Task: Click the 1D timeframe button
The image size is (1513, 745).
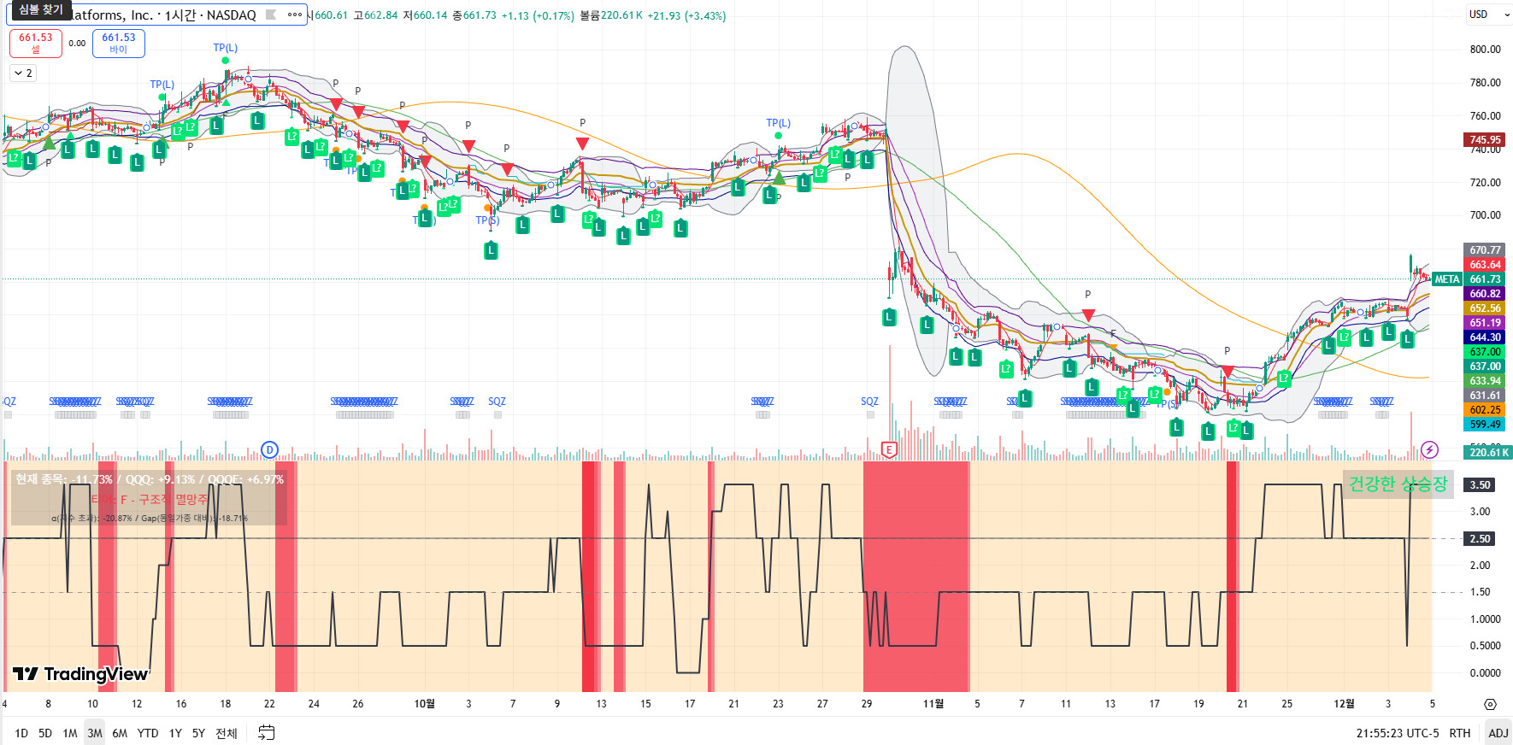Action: click(x=21, y=733)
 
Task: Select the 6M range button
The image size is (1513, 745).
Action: click(x=120, y=733)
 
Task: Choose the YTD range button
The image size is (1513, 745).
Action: click(x=148, y=733)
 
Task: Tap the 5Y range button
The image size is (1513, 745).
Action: click(x=198, y=733)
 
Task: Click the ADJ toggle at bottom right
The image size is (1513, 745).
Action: click(x=1498, y=733)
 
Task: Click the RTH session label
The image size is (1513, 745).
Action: click(x=1460, y=733)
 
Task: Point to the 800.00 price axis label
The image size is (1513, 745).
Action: click(x=1485, y=50)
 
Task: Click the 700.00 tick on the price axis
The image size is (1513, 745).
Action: click(x=1485, y=215)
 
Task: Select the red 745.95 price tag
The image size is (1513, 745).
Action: click(x=1485, y=139)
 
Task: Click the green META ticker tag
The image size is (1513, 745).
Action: click(x=1446, y=279)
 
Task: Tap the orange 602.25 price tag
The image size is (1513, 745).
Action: click(x=1485, y=410)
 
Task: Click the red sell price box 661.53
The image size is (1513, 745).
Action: click(x=36, y=43)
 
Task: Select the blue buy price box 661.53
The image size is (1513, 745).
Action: click(x=119, y=43)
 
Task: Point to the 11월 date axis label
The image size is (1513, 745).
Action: click(x=933, y=704)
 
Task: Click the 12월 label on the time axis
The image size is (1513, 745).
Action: click(x=1344, y=704)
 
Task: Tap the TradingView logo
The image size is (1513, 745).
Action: click(x=81, y=674)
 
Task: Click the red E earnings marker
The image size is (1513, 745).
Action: click(x=889, y=450)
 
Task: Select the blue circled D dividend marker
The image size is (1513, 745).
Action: click(x=269, y=449)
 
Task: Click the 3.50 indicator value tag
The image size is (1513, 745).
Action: click(x=1480, y=485)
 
